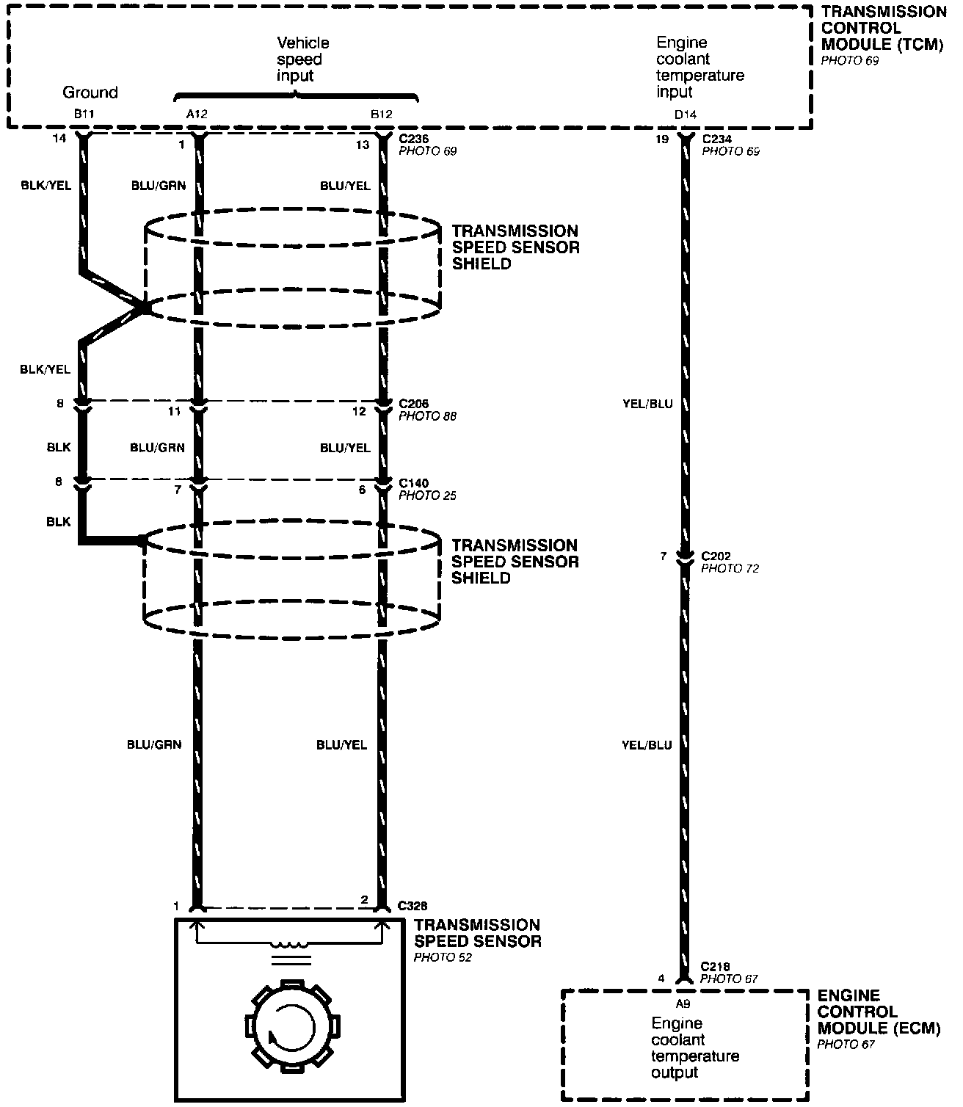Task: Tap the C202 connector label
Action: click(716, 556)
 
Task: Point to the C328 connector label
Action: click(413, 906)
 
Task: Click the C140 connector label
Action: click(413, 483)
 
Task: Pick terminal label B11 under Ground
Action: click(80, 115)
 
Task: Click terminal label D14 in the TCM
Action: click(686, 115)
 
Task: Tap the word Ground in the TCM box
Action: click(90, 92)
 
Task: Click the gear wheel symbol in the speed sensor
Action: click(289, 1023)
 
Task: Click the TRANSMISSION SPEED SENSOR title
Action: click(477, 933)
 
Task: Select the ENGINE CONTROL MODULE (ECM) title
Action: click(879, 1012)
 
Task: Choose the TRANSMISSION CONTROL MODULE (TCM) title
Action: click(883, 28)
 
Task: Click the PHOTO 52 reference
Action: click(443, 958)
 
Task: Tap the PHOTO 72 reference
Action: click(730, 568)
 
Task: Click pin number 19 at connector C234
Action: click(663, 139)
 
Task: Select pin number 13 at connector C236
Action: click(363, 145)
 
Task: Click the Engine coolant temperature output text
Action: click(694, 1048)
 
